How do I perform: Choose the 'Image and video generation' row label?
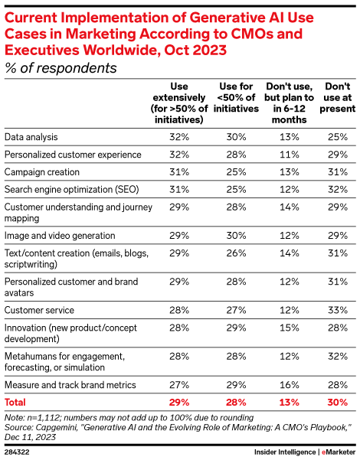60,236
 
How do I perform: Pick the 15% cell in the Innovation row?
286,328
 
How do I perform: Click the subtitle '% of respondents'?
61,68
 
